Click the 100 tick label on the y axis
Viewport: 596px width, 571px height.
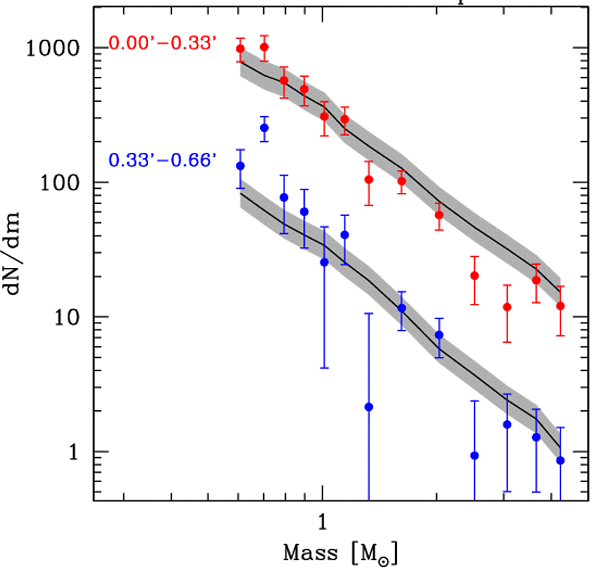pos(61,183)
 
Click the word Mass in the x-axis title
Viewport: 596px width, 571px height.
pos(310,553)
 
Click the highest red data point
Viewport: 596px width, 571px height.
pos(264,47)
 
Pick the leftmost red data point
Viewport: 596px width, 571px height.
pos(240,49)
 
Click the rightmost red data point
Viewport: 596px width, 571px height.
pos(560,306)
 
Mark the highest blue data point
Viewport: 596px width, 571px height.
pos(264,128)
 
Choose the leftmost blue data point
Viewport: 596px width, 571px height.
pos(240,166)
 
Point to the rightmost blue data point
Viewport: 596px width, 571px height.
pos(560,460)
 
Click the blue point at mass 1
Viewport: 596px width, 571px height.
pos(324,262)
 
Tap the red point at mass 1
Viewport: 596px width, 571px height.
pos(324,116)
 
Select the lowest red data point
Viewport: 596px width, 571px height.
pos(506,307)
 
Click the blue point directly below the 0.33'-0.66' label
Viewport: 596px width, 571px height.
pos(240,166)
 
